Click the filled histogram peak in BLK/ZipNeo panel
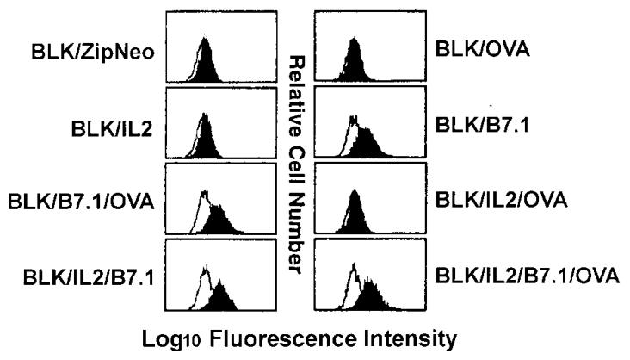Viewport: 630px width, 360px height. tap(206, 61)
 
